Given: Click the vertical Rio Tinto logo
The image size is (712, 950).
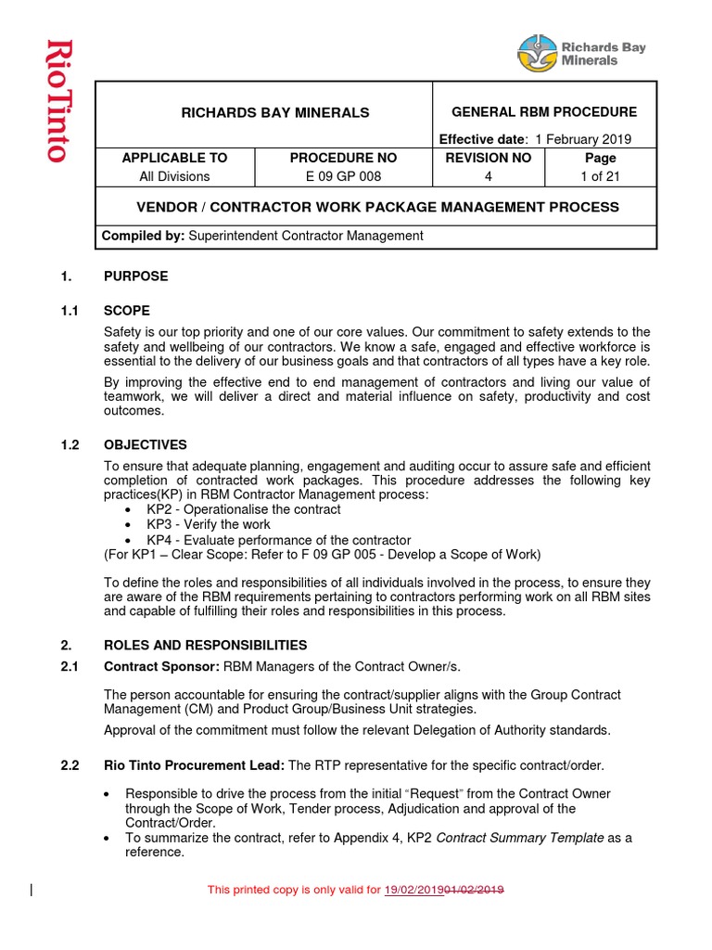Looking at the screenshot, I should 57,101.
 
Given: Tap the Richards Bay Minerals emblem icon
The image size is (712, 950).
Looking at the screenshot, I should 537,53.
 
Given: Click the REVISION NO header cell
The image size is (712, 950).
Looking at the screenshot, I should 489,158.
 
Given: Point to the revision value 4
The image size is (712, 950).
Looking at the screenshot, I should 489,176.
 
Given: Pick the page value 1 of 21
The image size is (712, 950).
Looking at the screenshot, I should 600,176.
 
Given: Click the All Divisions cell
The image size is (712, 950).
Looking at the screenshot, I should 174,176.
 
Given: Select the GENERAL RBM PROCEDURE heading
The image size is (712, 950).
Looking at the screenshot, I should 543,112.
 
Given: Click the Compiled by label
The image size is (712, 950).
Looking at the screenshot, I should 144,236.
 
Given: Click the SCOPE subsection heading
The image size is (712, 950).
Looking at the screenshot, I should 127,311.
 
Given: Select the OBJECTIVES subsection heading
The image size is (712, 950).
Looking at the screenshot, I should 145,445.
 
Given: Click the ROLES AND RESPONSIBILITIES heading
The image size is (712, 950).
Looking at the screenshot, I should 205,645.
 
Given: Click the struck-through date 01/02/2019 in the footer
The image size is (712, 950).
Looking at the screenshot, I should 475,890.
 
